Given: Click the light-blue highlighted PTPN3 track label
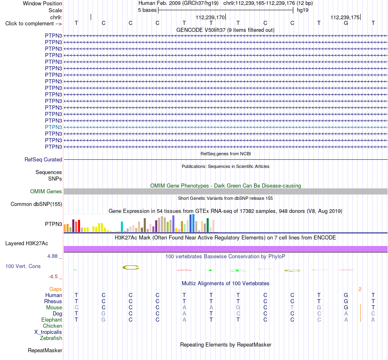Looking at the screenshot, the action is [x=54, y=127].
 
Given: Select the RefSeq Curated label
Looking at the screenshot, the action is [x=43, y=159].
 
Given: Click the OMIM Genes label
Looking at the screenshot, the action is [x=46, y=191].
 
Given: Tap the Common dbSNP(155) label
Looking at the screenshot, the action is [x=36, y=204].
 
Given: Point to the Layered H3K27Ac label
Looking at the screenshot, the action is [x=27, y=244].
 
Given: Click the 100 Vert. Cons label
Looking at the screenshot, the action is [x=23, y=266].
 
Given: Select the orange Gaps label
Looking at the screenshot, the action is [x=56, y=289].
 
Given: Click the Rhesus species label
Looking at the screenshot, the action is [x=53, y=301].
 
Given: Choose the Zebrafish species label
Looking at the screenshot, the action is [x=51, y=338].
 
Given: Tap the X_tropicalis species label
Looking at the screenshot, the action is [x=48, y=332].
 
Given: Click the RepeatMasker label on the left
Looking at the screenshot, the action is [x=45, y=350].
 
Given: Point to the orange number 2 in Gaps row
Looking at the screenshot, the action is [x=360, y=289].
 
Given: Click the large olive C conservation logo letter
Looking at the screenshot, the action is [x=131, y=267].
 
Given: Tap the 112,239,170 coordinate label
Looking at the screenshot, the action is [x=210, y=17].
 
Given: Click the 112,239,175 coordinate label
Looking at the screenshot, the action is [x=345, y=17].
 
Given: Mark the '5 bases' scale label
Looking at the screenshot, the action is [x=147, y=10].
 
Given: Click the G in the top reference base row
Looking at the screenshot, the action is [x=346, y=23].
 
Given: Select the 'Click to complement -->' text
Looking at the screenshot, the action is [x=33, y=24].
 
